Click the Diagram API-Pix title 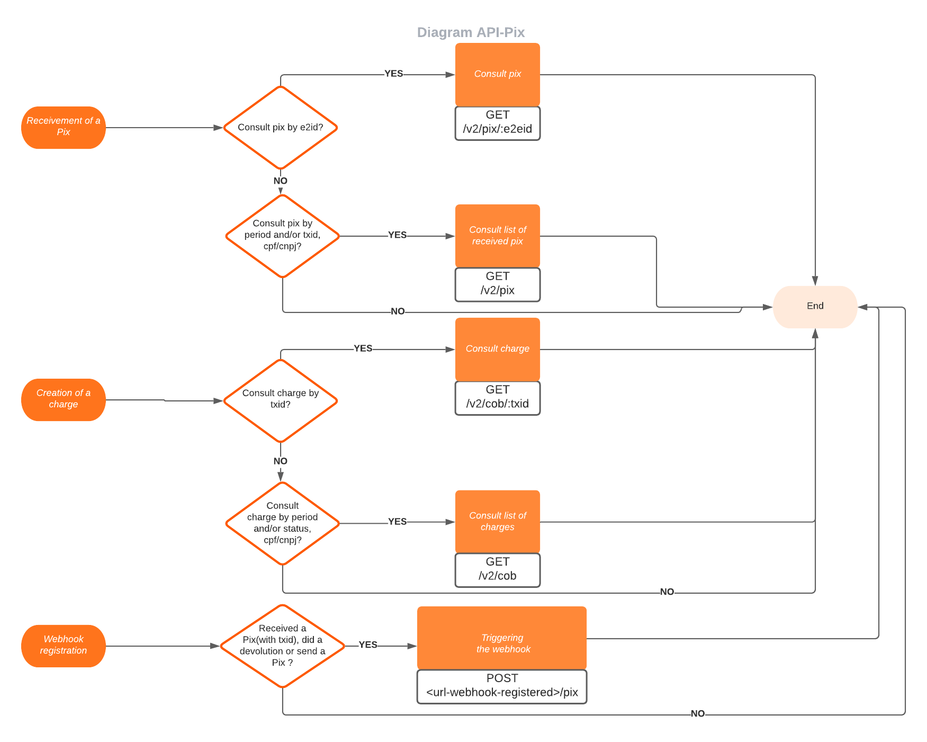[x=471, y=32]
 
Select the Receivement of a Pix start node [x=64, y=127]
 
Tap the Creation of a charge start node [x=64, y=399]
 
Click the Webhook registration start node [x=64, y=646]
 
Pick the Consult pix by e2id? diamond [x=281, y=128]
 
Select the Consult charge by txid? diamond [x=281, y=400]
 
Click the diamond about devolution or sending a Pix [x=282, y=646]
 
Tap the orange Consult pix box [x=498, y=74]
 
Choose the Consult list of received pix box [x=498, y=236]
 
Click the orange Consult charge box [x=498, y=349]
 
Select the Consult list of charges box [x=498, y=522]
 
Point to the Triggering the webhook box [x=502, y=638]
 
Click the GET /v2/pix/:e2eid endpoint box [x=498, y=123]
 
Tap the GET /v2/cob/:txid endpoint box [x=498, y=398]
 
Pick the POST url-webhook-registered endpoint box [x=502, y=686]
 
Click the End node [x=815, y=307]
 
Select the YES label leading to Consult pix [x=393, y=74]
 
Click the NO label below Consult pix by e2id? [x=281, y=181]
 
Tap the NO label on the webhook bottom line [x=698, y=714]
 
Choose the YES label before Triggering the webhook [x=368, y=645]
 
